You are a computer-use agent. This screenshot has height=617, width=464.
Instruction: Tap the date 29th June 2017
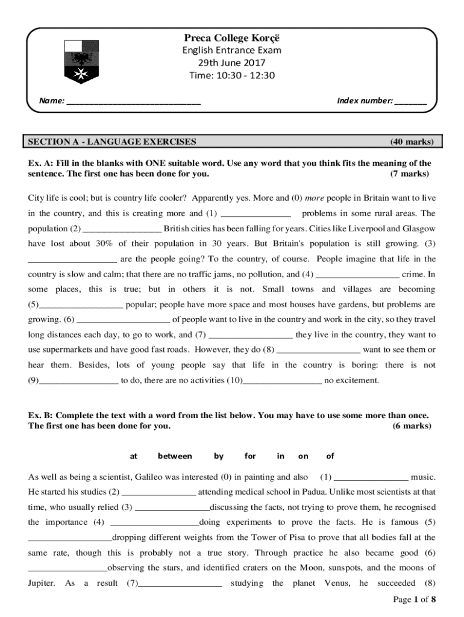(x=232, y=63)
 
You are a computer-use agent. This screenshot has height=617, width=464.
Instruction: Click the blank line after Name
(x=133, y=101)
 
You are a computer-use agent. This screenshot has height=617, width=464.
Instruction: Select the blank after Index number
(x=411, y=101)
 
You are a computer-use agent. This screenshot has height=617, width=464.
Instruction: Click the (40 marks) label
(x=411, y=142)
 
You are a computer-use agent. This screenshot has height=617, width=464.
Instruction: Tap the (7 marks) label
(x=409, y=174)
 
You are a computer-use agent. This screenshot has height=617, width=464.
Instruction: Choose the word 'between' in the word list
(x=175, y=456)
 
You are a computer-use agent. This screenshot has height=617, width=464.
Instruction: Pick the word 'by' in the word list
(x=219, y=456)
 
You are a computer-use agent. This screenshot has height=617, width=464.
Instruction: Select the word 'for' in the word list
(x=249, y=456)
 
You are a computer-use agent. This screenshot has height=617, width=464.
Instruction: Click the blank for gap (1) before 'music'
(x=371, y=477)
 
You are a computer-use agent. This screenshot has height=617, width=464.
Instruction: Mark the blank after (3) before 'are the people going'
(x=72, y=260)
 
